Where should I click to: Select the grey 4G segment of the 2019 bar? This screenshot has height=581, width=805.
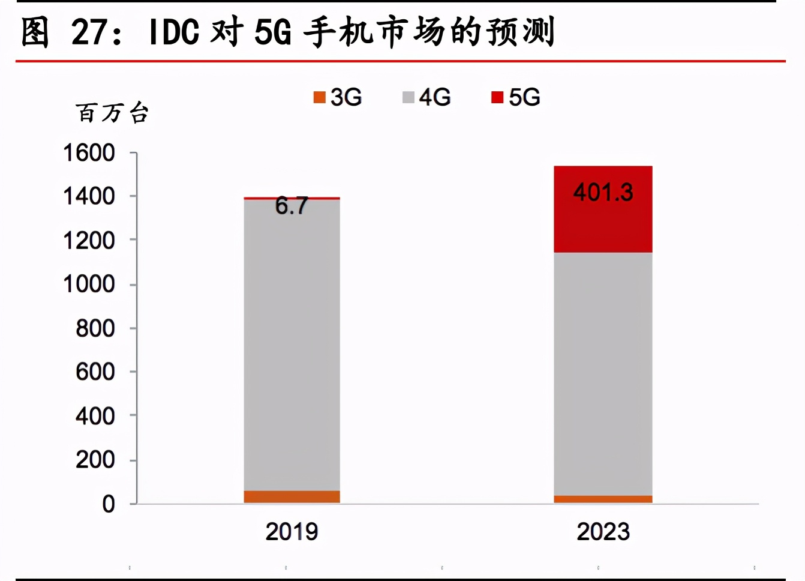point(292,345)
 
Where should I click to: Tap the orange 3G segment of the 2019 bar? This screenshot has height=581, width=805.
point(292,497)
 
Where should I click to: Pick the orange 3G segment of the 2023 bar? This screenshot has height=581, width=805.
point(603,499)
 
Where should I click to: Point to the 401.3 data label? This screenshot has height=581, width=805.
point(603,193)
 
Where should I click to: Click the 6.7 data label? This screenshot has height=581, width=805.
point(292,206)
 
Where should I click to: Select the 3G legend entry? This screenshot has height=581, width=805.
point(338,97)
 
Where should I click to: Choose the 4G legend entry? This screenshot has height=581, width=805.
point(426,97)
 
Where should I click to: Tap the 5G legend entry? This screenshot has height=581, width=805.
point(516,97)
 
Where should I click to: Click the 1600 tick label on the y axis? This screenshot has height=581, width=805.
point(89,153)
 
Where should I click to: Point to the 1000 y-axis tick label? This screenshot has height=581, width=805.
point(89,284)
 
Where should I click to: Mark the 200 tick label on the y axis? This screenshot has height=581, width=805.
point(95,460)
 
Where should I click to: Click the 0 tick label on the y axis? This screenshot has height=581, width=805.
point(109,504)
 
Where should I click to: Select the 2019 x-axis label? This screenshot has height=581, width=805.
point(292,532)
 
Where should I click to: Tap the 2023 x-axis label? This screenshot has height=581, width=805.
point(603,532)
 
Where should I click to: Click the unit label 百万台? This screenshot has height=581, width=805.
point(112,113)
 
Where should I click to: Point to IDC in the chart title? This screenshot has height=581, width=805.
point(174,32)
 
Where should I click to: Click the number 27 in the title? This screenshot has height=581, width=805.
point(89,32)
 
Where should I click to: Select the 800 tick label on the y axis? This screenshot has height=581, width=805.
point(95,328)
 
